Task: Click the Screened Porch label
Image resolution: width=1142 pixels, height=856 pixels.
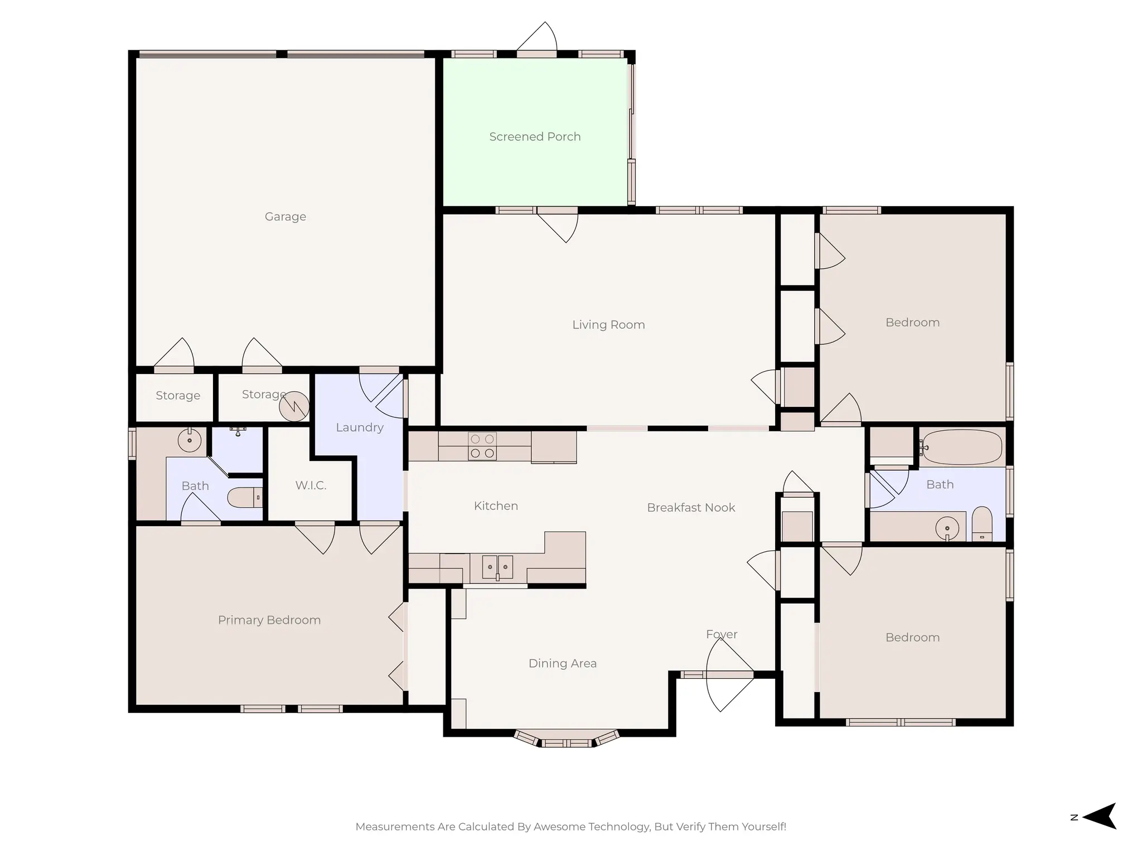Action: pyautogui.click(x=535, y=137)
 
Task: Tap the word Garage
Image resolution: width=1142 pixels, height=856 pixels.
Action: pyautogui.click(x=285, y=216)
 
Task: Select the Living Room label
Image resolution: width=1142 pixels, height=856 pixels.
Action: pyautogui.click(x=608, y=324)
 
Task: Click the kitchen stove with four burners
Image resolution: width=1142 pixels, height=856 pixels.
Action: pyautogui.click(x=482, y=446)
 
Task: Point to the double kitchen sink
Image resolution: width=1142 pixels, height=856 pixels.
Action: pyautogui.click(x=497, y=567)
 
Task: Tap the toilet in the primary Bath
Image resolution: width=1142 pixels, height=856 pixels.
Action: pyautogui.click(x=245, y=497)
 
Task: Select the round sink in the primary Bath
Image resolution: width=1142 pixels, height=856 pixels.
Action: pyautogui.click(x=190, y=440)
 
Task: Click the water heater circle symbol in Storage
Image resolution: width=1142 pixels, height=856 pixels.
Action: pyautogui.click(x=294, y=406)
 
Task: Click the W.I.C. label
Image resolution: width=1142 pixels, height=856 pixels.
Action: pyautogui.click(x=311, y=485)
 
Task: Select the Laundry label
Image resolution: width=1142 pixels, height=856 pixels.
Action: pyautogui.click(x=360, y=427)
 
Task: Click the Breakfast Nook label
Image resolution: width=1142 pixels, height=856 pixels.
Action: pyautogui.click(x=691, y=508)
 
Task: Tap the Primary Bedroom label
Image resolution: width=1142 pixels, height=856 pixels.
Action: pyautogui.click(x=269, y=620)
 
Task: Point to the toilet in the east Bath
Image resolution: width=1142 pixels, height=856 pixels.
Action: pyautogui.click(x=982, y=524)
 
